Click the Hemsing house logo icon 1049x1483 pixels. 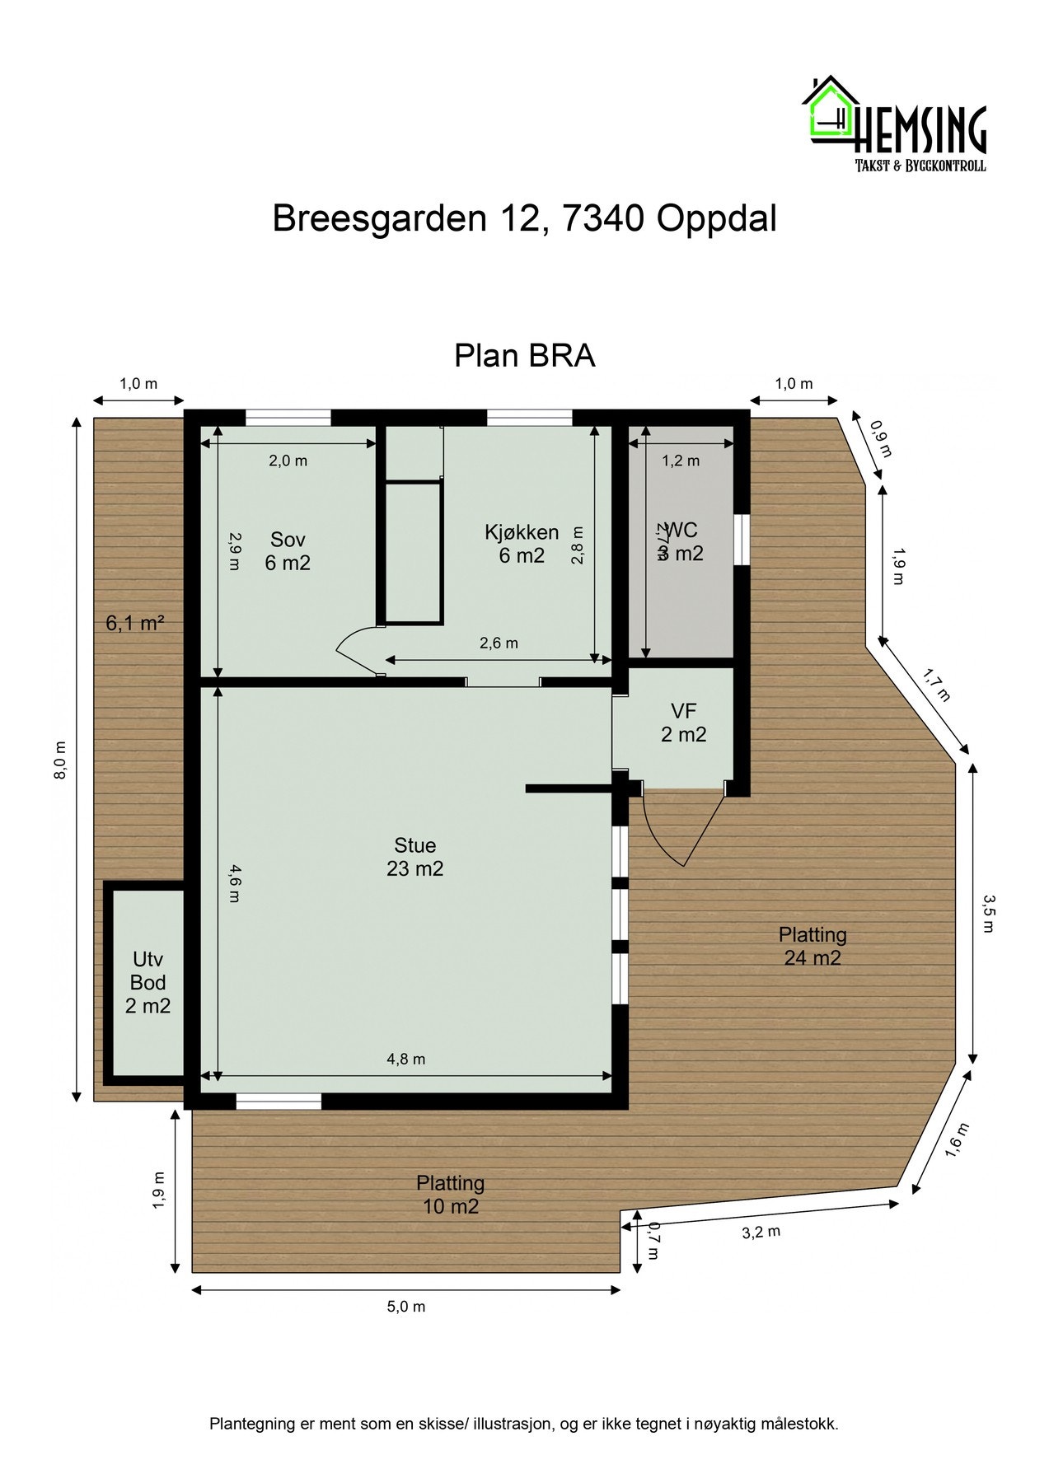point(829,111)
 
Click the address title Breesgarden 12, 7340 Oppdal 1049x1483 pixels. point(524,220)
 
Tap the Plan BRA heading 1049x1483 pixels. point(524,357)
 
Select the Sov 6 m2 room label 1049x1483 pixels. point(288,551)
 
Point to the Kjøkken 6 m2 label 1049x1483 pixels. point(522,544)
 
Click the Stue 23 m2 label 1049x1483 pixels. point(414,857)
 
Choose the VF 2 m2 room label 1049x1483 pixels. point(683,723)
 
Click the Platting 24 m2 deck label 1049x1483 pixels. point(813,946)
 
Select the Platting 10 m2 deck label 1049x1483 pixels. point(449,1195)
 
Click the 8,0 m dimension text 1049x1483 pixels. point(60,761)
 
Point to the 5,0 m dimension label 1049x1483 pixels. point(406,1307)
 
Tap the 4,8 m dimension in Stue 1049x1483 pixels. point(406,1060)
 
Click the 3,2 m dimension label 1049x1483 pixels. point(761,1233)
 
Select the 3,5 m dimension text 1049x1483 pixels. point(989,912)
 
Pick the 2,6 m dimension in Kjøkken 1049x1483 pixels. point(499,643)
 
